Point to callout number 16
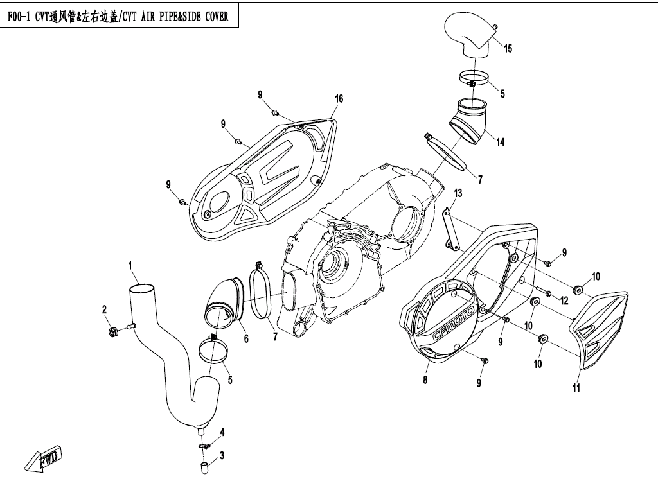[x=339, y=98]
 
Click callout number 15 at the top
[x=508, y=49]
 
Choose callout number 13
[x=458, y=193]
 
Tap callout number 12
[x=564, y=300]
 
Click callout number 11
[x=576, y=388]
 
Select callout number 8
[x=424, y=379]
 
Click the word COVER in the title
[x=213, y=17]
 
